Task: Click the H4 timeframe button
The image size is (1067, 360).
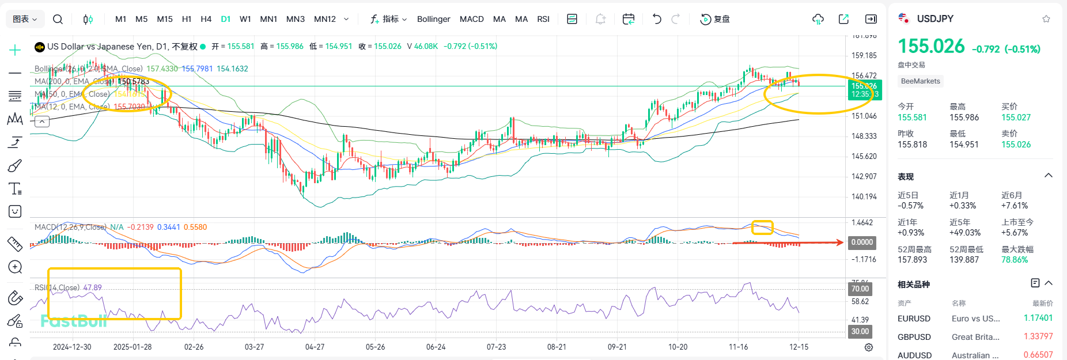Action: click(206, 19)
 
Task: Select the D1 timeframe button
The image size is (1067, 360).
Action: click(226, 19)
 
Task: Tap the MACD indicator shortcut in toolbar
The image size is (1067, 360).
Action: click(471, 19)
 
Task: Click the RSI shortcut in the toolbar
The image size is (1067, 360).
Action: click(543, 19)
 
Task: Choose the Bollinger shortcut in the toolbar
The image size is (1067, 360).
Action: click(433, 19)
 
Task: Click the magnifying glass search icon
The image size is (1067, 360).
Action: click(58, 19)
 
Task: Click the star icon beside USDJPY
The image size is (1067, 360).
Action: click(1046, 19)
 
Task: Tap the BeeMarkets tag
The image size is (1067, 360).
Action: click(920, 81)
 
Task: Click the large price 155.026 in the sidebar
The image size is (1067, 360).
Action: click(931, 46)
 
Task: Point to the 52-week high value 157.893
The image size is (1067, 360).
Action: click(912, 260)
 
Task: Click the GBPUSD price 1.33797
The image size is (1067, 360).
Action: click(1038, 336)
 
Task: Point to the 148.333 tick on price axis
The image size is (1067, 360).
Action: click(864, 136)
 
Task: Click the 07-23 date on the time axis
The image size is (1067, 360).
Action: click(496, 347)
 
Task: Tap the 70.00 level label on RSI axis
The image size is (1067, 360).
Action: click(860, 289)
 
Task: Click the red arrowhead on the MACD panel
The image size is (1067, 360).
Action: click(841, 242)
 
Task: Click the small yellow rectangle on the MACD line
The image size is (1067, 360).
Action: click(762, 227)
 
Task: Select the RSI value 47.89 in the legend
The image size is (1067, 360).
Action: click(92, 287)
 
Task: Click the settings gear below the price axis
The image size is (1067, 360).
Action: click(869, 347)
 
